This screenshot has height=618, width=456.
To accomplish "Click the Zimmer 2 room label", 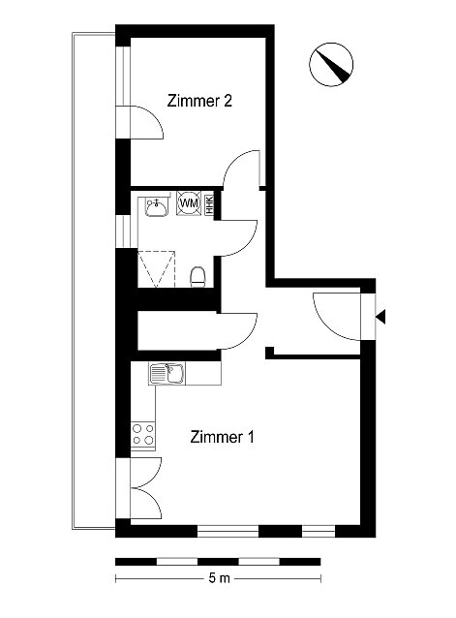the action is [199, 101].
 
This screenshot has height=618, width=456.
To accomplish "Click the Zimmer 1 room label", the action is [222, 437].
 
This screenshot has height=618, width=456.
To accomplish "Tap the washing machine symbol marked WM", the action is [189, 203].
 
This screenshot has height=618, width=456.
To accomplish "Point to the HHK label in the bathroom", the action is [209, 205].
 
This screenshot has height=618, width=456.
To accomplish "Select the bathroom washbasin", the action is [156, 206].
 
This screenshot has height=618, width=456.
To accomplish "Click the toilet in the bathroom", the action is [198, 277].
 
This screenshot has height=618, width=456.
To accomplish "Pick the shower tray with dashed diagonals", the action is [156, 268].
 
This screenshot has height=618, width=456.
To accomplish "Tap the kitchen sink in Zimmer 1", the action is [167, 374].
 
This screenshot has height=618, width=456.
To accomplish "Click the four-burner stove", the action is [143, 434].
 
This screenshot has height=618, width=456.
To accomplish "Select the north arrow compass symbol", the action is [331, 64].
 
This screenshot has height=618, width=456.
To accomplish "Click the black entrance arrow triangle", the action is [380, 317].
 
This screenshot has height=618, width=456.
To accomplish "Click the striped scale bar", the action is [218, 561].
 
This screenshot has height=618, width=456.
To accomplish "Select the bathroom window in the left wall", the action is [123, 231].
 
